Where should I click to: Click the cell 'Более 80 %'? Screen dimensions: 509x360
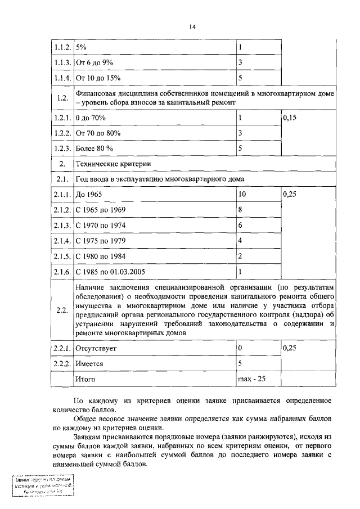[x=94, y=148]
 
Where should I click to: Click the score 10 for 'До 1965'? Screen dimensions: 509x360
[x=242, y=194]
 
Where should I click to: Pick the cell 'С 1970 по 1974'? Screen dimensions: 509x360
[x=101, y=225]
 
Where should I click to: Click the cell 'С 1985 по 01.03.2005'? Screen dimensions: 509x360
[x=110, y=271]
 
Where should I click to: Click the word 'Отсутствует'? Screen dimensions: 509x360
[x=96, y=349]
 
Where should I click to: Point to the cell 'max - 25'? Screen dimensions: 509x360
[x=251, y=379]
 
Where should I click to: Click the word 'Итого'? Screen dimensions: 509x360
[x=85, y=379]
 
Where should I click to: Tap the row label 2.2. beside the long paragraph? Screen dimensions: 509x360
[x=62, y=310]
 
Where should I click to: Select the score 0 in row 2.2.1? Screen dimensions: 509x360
[x=240, y=349]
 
